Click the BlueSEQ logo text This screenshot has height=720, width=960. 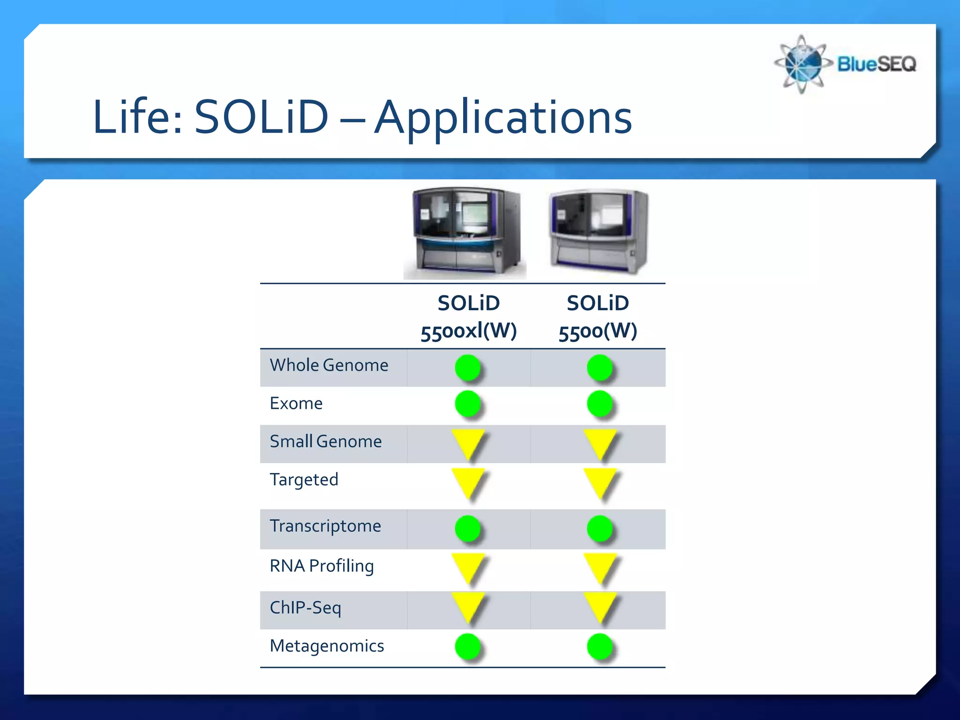pyautogui.click(x=876, y=64)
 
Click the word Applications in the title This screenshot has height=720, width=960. pyautogui.click(x=503, y=117)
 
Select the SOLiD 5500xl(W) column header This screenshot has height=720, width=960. pyautogui.click(x=468, y=317)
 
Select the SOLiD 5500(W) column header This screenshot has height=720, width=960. pyautogui.click(x=598, y=317)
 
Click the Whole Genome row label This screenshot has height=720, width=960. pyautogui.click(x=329, y=365)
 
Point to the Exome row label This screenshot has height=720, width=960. pyautogui.click(x=296, y=403)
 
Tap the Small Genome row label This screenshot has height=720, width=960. pyautogui.click(x=326, y=442)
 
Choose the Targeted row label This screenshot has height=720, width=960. pyautogui.click(x=304, y=480)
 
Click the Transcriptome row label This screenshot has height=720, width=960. pyautogui.click(x=325, y=526)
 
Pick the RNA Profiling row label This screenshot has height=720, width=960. pyautogui.click(x=322, y=566)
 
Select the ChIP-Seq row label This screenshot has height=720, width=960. pyautogui.click(x=306, y=607)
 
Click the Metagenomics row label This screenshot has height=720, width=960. pyautogui.click(x=327, y=646)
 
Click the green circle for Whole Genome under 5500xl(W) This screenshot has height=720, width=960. pyautogui.click(x=468, y=367)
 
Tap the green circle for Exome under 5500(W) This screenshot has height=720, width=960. pyautogui.click(x=600, y=404)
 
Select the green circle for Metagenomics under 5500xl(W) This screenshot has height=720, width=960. pyautogui.click(x=468, y=646)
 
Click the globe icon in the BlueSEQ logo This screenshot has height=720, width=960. pyautogui.click(x=802, y=64)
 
